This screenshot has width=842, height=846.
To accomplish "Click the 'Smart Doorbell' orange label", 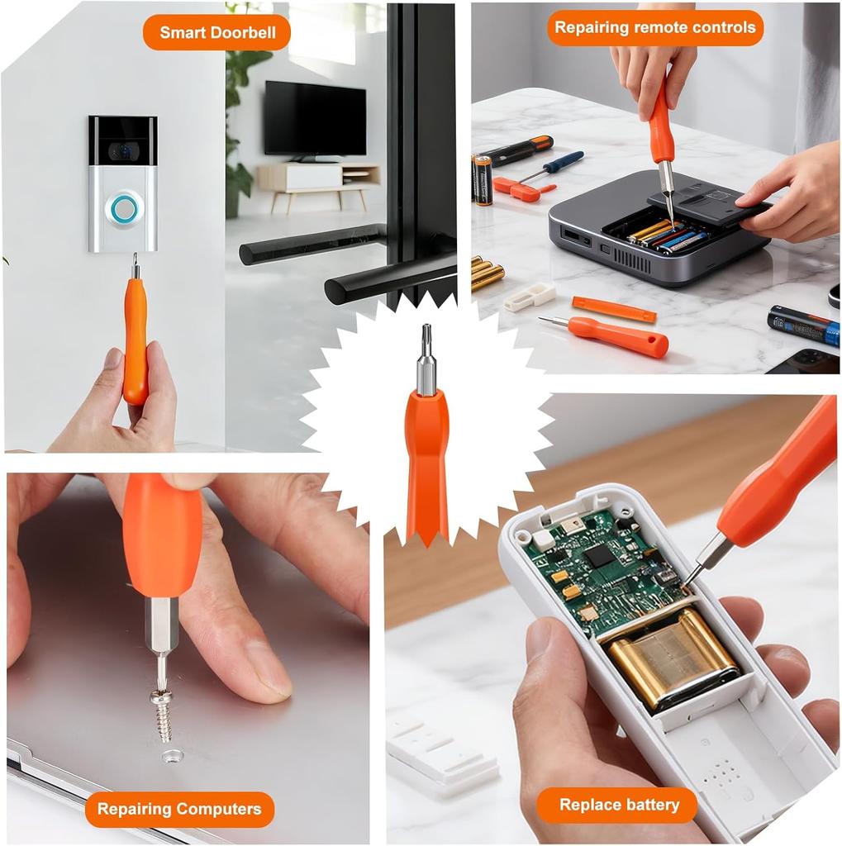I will click(216, 32).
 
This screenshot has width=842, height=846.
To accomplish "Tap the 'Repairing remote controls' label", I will click(654, 27).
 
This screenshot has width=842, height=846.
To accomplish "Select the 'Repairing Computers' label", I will click(179, 809).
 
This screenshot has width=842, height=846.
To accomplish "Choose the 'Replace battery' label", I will click(619, 805).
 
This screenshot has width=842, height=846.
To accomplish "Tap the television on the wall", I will click(315, 119).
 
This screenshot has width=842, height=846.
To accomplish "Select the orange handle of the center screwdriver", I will click(426, 463).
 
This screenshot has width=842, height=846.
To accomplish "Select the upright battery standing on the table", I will click(483, 178).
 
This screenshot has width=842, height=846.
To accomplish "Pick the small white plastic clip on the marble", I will click(530, 297).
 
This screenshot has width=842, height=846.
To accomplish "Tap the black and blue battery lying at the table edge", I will click(802, 326).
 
